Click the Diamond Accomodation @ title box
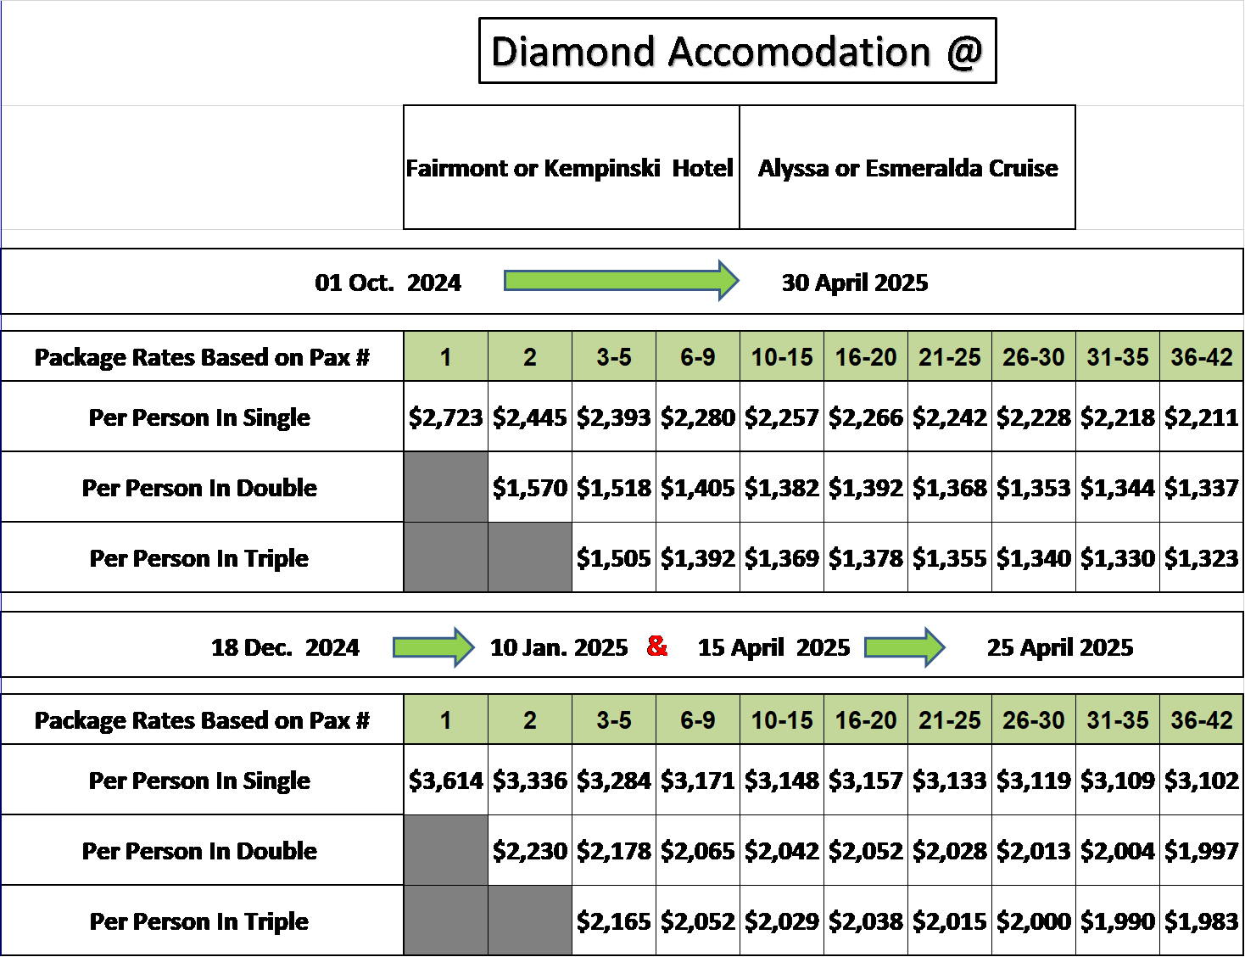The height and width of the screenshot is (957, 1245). click(737, 50)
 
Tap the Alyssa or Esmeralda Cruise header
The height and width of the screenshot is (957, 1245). click(907, 167)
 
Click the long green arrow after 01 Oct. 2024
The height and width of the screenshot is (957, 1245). click(622, 281)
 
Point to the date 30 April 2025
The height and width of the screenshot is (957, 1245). click(855, 283)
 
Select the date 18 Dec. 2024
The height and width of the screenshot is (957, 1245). click(285, 647)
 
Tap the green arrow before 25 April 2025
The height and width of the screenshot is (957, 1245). click(905, 647)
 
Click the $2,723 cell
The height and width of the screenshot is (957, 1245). click(446, 417)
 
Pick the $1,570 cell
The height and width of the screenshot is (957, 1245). click(530, 487)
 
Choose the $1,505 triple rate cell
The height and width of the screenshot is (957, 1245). click(614, 557)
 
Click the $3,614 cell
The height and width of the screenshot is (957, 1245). click(446, 780)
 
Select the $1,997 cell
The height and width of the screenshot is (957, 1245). click(1202, 850)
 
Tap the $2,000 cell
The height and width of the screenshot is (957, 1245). click(1034, 921)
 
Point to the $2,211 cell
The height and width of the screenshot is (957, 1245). click(1202, 417)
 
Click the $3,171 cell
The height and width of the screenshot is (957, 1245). click(698, 780)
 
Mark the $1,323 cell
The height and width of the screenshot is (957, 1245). click(1202, 557)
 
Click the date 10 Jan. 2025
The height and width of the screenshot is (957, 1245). click(559, 647)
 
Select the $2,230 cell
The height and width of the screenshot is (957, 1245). click(530, 850)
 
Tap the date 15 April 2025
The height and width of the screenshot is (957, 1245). click(773, 648)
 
